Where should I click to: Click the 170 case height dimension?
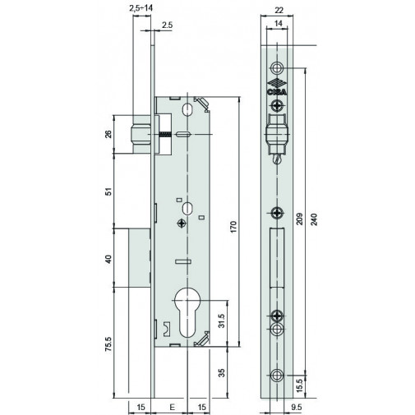click(x=233, y=227)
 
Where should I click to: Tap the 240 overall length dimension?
click(x=315, y=219)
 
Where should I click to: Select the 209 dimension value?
click(x=300, y=219)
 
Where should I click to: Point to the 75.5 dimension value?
click(x=109, y=344)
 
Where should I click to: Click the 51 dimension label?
click(x=109, y=191)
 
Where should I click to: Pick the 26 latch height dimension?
click(x=109, y=134)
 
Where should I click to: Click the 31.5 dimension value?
click(x=222, y=320)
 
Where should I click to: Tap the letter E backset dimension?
click(x=172, y=407)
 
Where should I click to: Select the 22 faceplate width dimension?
click(x=279, y=11)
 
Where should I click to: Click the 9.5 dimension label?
click(x=296, y=407)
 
